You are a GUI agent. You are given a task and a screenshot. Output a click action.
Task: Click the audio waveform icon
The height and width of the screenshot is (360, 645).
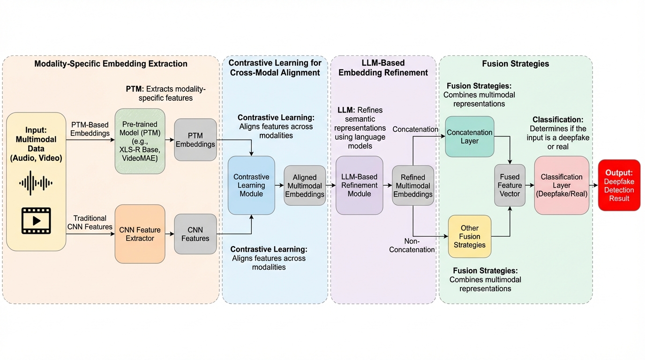tap(36, 183)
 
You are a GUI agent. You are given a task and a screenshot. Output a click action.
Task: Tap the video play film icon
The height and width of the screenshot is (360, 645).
tap(36, 220)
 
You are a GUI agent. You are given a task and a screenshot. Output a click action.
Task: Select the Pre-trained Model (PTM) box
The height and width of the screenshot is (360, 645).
tap(140, 141)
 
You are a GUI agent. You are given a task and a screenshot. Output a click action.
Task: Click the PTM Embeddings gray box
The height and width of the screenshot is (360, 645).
tap(195, 140)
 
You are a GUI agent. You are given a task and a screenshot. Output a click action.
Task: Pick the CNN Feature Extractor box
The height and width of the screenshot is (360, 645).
tap(140, 234)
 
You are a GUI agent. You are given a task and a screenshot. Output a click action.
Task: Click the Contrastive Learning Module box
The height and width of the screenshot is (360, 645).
tap(251, 185)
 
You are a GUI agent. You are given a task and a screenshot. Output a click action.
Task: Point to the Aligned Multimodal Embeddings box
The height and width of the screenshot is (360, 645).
tap(305, 186)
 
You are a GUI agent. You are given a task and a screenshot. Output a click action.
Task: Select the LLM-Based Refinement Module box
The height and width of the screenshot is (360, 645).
tap(359, 185)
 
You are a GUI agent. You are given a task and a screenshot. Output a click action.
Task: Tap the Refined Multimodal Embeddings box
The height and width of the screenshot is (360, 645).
tap(413, 186)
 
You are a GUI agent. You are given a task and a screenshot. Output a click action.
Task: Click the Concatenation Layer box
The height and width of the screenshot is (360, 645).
tap(469, 136)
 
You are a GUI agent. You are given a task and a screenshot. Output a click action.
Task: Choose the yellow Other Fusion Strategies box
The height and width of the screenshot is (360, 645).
tap(469, 236)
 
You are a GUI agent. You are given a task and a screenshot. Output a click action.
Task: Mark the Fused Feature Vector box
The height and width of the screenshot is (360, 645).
tap(510, 185)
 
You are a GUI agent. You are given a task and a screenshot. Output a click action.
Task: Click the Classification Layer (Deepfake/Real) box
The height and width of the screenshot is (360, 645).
tap(562, 185)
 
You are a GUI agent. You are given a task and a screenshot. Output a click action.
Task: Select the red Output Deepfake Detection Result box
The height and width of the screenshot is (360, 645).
tap(619, 185)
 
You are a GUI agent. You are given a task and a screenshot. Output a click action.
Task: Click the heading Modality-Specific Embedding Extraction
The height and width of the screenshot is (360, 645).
tap(111, 64)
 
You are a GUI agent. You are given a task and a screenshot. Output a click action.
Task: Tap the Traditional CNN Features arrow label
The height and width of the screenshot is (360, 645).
tap(90, 222)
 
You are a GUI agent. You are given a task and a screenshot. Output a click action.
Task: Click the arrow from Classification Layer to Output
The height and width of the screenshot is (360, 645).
tap(593, 185)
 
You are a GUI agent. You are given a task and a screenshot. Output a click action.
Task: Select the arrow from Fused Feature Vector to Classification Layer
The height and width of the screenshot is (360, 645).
tap(530, 185)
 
